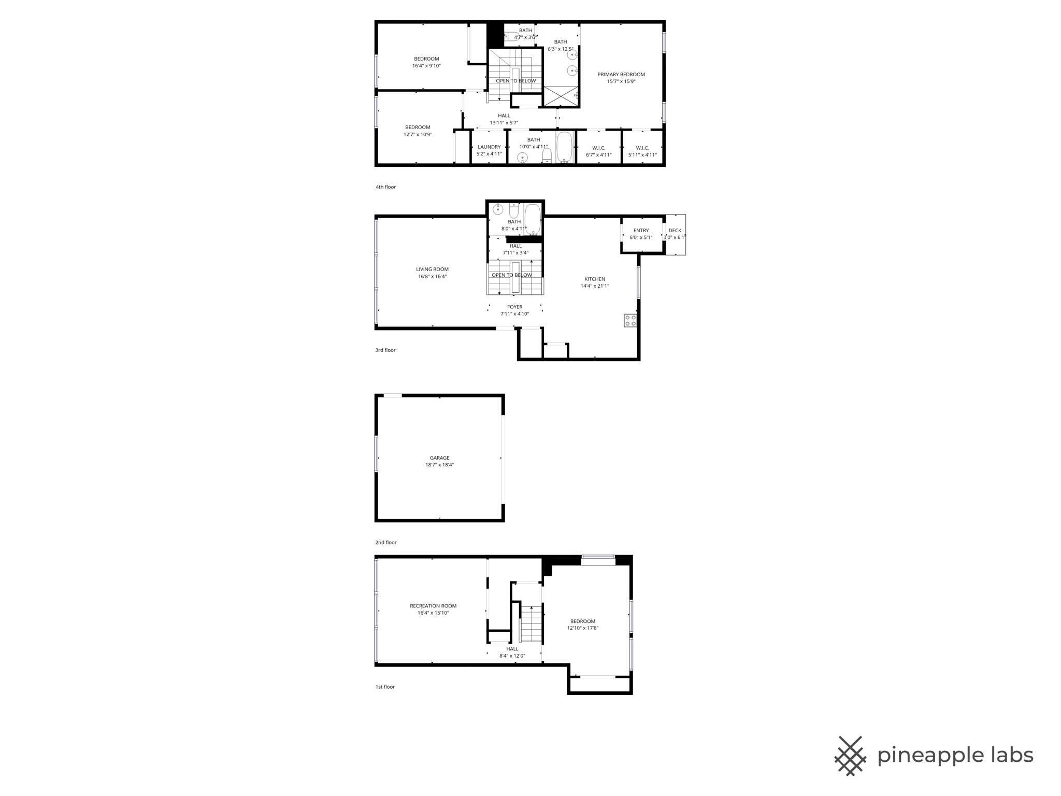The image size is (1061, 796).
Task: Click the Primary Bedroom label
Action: point(621,75)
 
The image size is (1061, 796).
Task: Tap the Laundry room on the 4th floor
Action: point(489,150)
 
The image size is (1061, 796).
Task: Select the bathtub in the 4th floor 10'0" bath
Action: point(564,147)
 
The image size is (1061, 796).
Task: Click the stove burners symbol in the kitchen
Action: point(630,320)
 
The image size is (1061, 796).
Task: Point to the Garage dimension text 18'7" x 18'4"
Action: point(439,465)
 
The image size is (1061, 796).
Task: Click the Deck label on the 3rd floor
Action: point(675,231)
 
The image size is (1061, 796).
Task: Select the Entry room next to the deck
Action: point(641,234)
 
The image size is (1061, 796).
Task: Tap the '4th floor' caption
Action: point(385,187)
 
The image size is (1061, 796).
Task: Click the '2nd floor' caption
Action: point(385,543)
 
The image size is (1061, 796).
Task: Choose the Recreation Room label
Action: point(433,606)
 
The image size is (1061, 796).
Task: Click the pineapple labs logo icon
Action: point(850,756)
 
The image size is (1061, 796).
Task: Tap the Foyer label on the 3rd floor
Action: point(514,307)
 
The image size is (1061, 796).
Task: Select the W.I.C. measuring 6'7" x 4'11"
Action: point(598,151)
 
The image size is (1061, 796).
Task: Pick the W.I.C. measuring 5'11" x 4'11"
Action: point(642,151)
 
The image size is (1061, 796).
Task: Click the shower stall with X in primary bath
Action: point(560,96)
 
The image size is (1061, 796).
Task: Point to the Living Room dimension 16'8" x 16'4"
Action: point(432,277)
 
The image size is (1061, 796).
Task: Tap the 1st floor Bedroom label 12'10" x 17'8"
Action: point(583,621)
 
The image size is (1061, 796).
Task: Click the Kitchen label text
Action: point(595,279)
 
